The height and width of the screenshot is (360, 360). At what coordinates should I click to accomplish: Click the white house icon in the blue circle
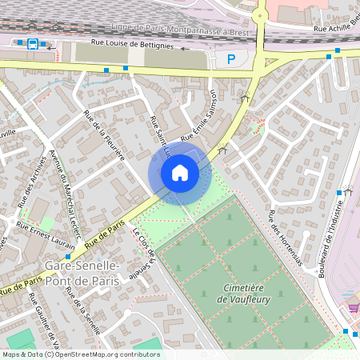coord(180,172)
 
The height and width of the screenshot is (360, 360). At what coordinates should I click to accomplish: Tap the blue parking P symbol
coord(231,58)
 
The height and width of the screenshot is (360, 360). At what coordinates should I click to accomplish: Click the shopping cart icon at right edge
coord(354,308)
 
